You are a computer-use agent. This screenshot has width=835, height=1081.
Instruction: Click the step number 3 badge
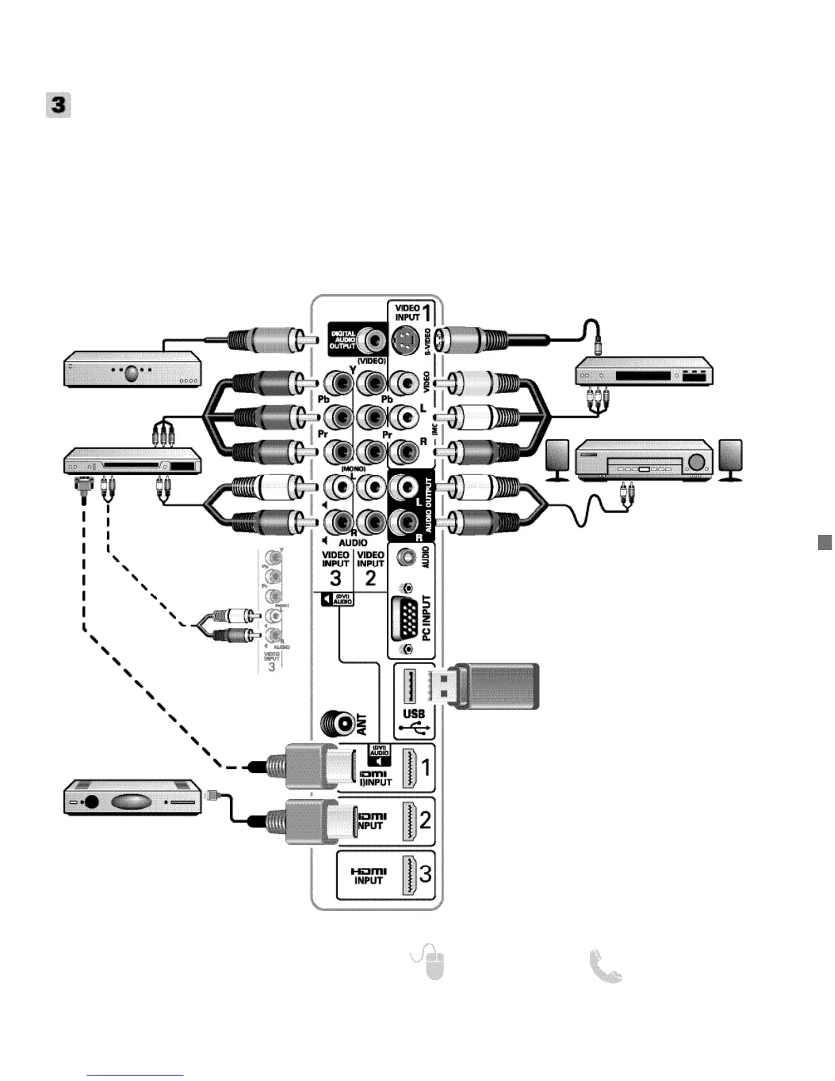pos(59,106)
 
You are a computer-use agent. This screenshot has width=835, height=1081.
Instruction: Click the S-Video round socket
pos(405,338)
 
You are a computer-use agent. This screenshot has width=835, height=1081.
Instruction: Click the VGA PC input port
pos(408,618)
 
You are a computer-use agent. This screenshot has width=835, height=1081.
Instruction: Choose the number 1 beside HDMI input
pos(426,767)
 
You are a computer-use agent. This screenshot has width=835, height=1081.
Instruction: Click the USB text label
pos(413,714)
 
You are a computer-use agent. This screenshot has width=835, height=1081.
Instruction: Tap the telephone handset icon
pos(606,966)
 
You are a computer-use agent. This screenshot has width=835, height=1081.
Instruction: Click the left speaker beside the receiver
pos(557,460)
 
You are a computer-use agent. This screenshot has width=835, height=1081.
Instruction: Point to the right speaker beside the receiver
pos(731,460)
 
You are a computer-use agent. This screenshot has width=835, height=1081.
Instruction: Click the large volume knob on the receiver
pos(697,461)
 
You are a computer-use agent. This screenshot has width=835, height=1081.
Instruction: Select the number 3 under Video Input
pos(335,579)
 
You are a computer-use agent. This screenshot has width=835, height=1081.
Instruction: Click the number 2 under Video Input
pos(370,579)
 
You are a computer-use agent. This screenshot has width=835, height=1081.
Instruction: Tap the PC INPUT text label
pos(427,617)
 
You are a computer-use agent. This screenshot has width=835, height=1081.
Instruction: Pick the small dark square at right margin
pos(825,543)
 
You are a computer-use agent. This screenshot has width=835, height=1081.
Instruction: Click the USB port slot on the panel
pos(409,687)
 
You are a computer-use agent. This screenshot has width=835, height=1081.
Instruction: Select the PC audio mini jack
pos(407,557)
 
